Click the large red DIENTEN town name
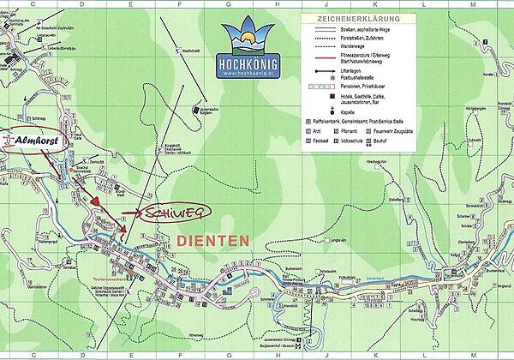(213, 240)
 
